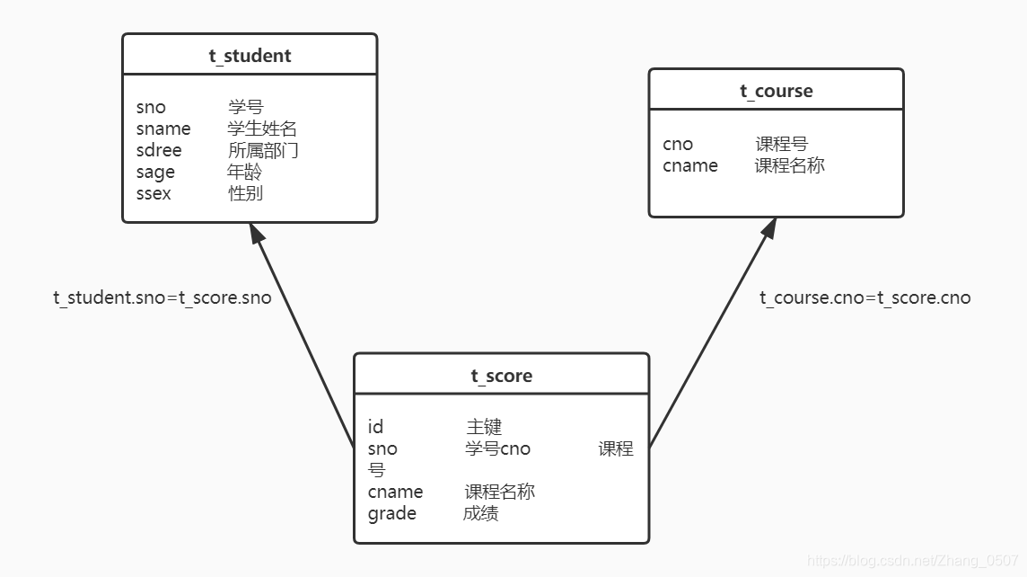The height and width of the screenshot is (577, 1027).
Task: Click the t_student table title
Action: tap(250, 56)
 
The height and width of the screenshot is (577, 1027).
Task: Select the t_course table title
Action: tap(776, 91)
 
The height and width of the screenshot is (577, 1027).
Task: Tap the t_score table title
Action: tap(501, 376)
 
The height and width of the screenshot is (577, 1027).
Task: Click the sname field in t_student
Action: tap(163, 129)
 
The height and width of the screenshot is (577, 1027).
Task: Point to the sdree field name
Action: tap(159, 150)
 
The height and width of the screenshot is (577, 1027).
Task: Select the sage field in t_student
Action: tap(155, 172)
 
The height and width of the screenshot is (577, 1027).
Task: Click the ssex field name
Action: tap(154, 193)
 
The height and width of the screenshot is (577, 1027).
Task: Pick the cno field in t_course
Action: tap(678, 144)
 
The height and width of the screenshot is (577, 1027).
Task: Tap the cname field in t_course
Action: tap(690, 165)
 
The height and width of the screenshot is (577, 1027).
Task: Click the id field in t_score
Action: tap(375, 427)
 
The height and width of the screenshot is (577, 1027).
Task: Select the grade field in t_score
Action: tap(392, 513)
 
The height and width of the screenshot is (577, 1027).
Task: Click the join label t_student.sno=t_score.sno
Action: tap(162, 297)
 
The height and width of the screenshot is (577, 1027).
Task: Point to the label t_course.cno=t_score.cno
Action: tap(865, 297)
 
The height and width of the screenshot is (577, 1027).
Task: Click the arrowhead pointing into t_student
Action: tap(258, 234)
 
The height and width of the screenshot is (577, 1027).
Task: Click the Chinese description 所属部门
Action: tap(263, 150)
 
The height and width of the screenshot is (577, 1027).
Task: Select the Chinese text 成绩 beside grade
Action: tap(481, 513)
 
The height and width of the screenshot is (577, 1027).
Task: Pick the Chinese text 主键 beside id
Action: tap(484, 427)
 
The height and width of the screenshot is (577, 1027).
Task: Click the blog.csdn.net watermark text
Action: tap(913, 560)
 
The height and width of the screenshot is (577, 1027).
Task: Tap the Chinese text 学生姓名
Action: tap(262, 129)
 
